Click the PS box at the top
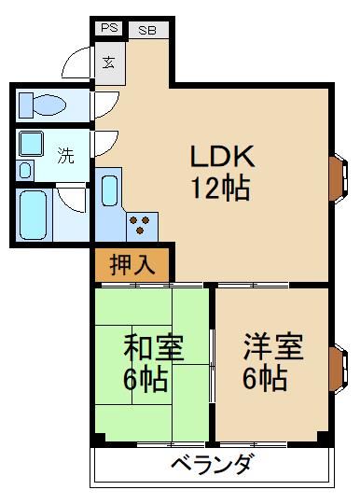point(109,30)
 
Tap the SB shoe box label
point(147,30)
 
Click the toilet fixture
point(41,103)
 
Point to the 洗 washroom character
point(65,156)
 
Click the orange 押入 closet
point(131,264)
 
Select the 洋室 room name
point(273,348)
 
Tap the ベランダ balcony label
point(211,464)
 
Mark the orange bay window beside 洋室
point(338,366)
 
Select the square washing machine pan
point(31,145)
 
